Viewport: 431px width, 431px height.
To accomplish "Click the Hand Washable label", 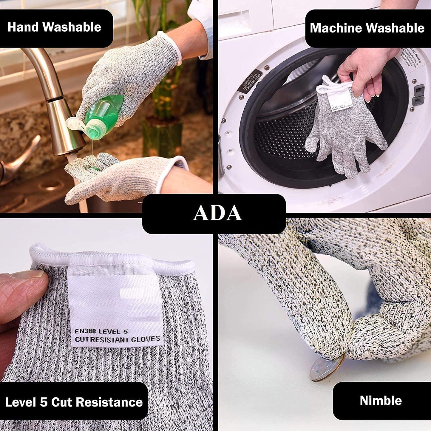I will (x=54, y=27).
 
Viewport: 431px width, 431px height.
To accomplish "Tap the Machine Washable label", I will (x=367, y=28).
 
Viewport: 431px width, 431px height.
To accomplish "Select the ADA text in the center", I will (x=217, y=213).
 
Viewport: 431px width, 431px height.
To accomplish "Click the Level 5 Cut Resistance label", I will (x=74, y=402).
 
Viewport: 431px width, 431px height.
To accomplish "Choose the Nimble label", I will (x=381, y=401).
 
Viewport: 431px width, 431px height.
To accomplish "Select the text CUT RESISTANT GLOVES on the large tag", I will (x=117, y=339).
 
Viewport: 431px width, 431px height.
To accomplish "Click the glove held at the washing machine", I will (x=346, y=137).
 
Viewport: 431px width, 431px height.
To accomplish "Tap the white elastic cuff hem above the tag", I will (x=113, y=257).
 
